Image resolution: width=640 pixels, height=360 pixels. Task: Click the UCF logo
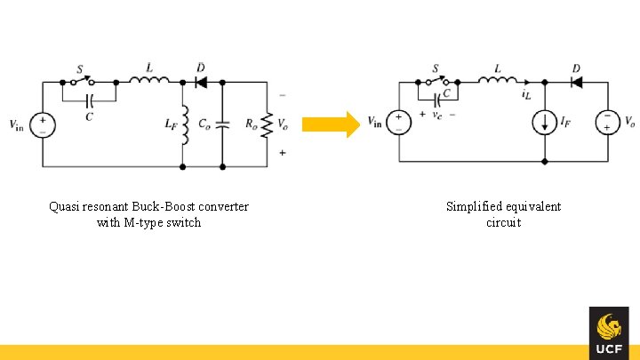pos(608,333)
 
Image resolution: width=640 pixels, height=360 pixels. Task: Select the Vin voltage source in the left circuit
pos(42,124)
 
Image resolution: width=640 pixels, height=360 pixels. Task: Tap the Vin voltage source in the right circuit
pos(399,122)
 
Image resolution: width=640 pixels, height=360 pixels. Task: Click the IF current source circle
pos(544,122)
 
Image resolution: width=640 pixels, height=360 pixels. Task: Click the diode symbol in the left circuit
pos(200,83)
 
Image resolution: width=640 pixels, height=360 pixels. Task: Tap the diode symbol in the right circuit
pos(576,83)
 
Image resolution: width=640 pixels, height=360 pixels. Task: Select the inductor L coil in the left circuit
pos(149,81)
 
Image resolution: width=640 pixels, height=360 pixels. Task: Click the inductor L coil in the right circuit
pos(497,81)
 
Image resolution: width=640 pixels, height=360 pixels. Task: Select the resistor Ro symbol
pos(267,124)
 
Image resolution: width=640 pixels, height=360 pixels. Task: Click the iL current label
pos(527,94)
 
